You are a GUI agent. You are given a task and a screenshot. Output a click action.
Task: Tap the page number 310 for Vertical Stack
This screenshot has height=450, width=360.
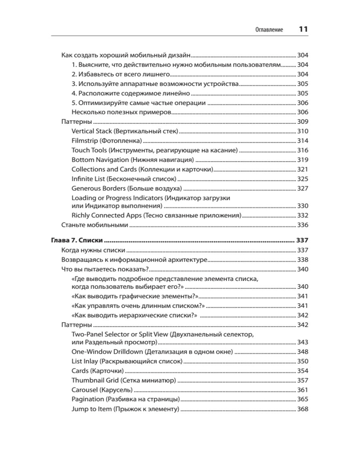pyautogui.click(x=302, y=131)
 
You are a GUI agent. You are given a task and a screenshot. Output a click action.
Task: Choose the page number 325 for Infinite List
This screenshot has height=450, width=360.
pyautogui.click(x=302, y=179)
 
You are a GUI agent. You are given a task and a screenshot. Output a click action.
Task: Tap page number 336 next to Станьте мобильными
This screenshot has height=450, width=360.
pyautogui.click(x=302, y=225)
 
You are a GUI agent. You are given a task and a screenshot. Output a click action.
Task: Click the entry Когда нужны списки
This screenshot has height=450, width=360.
pyautogui.click(x=93, y=250)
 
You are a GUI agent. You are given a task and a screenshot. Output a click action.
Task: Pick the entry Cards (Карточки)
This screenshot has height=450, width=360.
pyautogui.click(x=97, y=371)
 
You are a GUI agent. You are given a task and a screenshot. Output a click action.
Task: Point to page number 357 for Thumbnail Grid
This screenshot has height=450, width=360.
pyautogui.click(x=302, y=380)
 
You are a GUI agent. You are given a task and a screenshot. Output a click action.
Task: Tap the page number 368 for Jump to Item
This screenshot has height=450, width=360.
pyautogui.click(x=302, y=409)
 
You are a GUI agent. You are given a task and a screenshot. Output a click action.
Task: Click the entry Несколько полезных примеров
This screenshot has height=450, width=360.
pyautogui.click(x=120, y=112)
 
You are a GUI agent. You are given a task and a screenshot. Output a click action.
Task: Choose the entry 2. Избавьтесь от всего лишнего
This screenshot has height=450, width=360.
pyautogui.click(x=120, y=74)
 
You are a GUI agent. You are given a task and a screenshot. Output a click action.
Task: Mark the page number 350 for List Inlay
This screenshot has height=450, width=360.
pyautogui.click(x=302, y=361)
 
